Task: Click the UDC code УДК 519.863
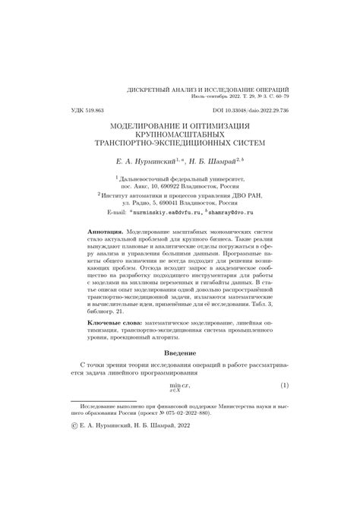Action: (80, 109)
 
